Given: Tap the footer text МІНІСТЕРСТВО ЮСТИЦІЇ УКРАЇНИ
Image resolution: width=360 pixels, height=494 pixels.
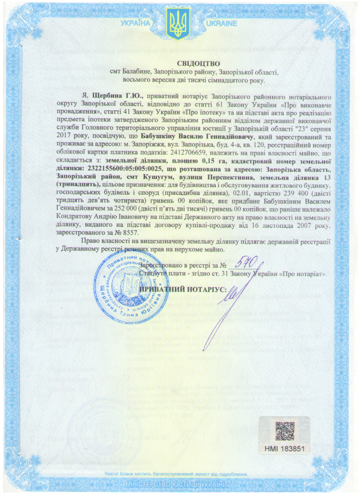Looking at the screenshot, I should [x=176, y=485].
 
